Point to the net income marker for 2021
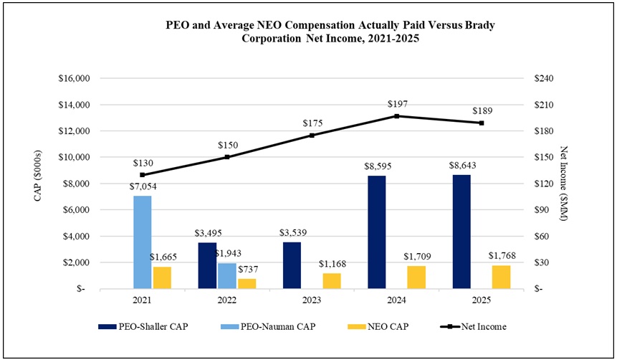tap(142, 174)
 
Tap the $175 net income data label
tap(312, 123)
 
